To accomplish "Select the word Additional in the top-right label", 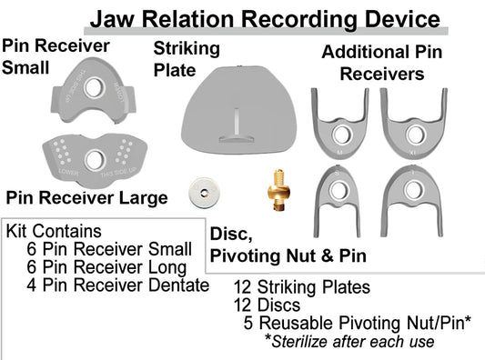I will (x=355, y=54).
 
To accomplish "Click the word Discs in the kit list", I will (x=278, y=305).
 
